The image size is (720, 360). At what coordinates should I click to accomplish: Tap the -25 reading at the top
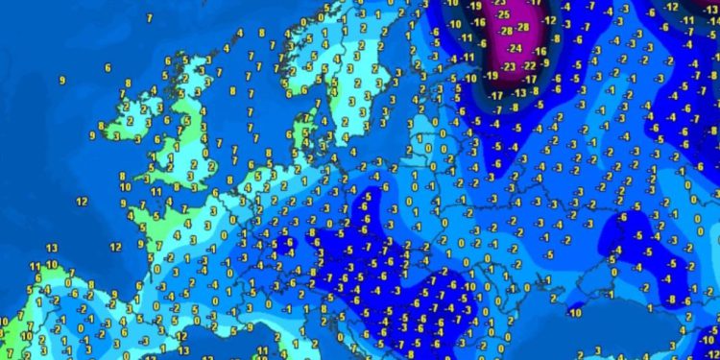(x=500, y=15)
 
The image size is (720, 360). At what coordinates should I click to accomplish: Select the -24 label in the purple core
(x=516, y=48)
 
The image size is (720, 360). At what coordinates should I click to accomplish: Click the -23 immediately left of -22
(x=509, y=66)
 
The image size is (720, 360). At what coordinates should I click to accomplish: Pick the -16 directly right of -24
(x=540, y=50)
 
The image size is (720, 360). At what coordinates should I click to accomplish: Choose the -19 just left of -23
(x=491, y=75)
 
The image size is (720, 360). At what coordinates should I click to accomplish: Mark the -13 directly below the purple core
(x=519, y=92)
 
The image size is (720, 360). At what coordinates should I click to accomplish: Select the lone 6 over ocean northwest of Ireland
(x=108, y=68)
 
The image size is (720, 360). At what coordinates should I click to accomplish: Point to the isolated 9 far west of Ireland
(x=62, y=81)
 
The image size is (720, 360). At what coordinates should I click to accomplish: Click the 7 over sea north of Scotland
(x=150, y=18)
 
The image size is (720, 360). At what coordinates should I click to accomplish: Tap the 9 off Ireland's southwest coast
(x=93, y=136)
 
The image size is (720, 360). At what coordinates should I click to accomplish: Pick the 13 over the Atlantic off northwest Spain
(x=51, y=248)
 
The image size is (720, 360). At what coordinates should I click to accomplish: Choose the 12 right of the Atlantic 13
(x=115, y=247)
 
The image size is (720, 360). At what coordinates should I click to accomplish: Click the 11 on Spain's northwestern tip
(x=35, y=265)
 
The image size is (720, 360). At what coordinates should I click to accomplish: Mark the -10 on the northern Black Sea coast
(x=576, y=313)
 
